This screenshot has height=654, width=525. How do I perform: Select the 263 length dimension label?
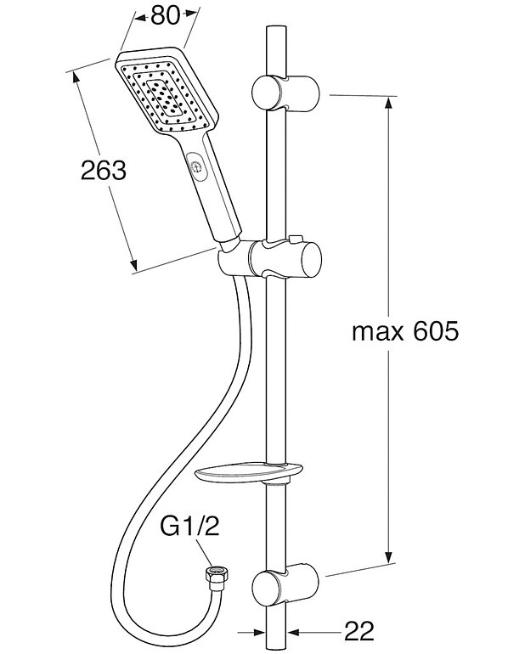click(104, 170)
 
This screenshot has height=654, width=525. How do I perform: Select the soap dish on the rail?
click(243, 472)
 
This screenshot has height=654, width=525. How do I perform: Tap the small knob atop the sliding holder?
click(293, 240)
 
